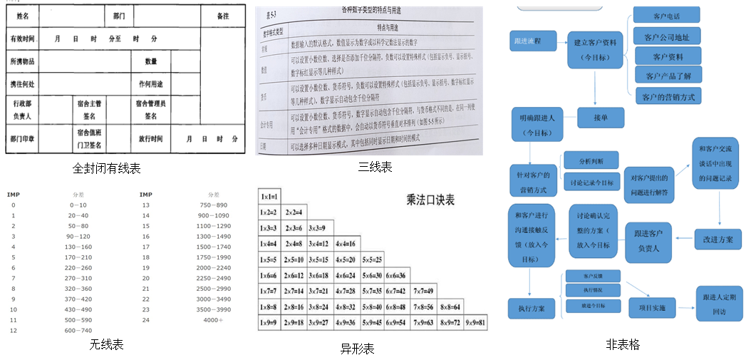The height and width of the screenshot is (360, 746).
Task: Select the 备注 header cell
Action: [x=223, y=15]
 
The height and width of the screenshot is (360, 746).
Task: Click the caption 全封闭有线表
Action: [x=107, y=168]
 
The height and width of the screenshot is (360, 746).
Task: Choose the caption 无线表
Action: [x=107, y=345]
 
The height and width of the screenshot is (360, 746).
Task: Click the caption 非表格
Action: [x=623, y=345]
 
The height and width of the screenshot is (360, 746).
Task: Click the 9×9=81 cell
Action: [x=475, y=322]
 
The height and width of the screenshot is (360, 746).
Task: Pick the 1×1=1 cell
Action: [x=269, y=196]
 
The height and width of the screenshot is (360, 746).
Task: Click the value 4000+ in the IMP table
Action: [x=213, y=319]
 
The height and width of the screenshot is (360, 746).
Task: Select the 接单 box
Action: [x=600, y=118]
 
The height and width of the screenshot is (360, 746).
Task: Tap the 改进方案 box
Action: [x=718, y=239]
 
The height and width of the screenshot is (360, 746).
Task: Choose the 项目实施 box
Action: [x=647, y=307]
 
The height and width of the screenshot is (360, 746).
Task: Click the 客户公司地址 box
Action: [x=667, y=36]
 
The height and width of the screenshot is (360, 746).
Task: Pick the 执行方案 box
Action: [x=532, y=309]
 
